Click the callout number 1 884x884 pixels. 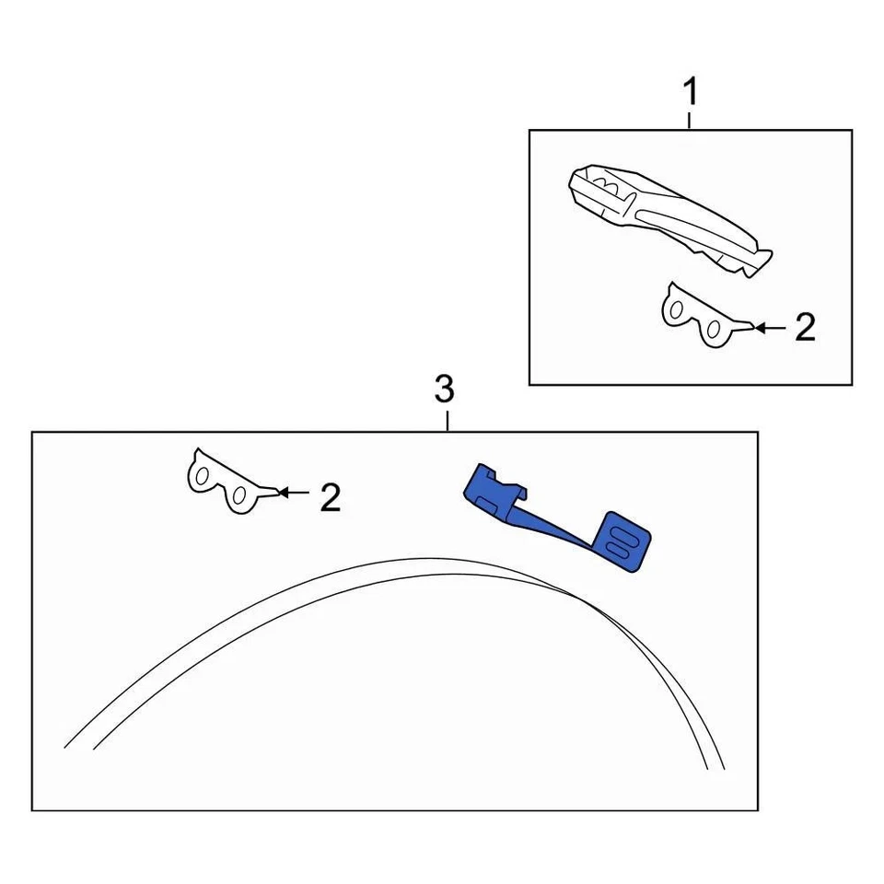[690, 92]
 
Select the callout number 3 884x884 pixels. [444, 390]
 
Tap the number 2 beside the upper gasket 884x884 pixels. [805, 328]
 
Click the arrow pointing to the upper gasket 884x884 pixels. [770, 327]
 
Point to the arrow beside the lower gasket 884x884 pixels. [293, 493]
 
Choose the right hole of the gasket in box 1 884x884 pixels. [713, 330]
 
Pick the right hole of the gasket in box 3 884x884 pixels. [238, 496]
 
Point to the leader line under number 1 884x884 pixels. [690, 120]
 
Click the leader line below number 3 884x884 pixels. [447, 420]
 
